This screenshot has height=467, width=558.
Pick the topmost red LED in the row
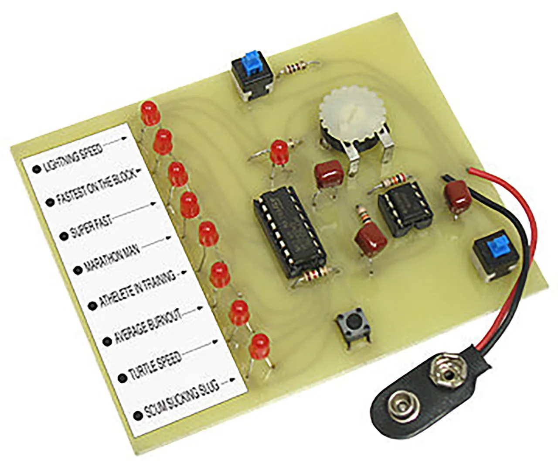[x=148, y=112]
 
